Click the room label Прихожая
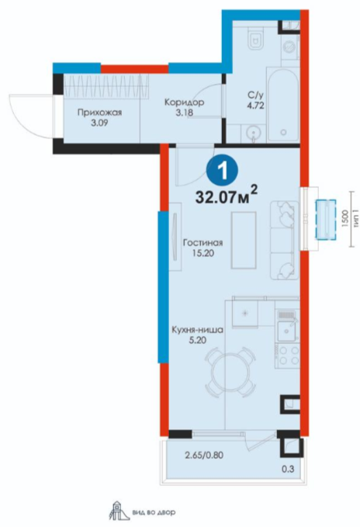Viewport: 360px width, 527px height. pyautogui.click(x=99, y=113)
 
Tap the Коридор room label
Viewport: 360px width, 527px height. pyautogui.click(x=184, y=102)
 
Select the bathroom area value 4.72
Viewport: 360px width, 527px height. pyautogui.click(x=255, y=106)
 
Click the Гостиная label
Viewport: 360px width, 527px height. pyautogui.click(x=202, y=242)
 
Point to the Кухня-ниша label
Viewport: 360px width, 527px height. pyautogui.click(x=197, y=330)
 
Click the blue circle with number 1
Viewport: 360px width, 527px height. pyautogui.click(x=223, y=171)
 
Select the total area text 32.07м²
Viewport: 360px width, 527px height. pyautogui.click(x=227, y=196)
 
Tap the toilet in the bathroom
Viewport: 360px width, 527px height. pyautogui.click(x=255, y=40)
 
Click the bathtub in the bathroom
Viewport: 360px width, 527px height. pyautogui.click(x=283, y=105)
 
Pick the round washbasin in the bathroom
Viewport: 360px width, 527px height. pyautogui.click(x=252, y=133)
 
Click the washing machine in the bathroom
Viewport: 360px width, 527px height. pyautogui.click(x=289, y=47)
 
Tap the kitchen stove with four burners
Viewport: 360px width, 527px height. pyautogui.click(x=287, y=355)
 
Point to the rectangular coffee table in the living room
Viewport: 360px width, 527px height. pyautogui.click(x=244, y=240)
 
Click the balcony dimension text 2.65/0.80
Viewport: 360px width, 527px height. pyautogui.click(x=205, y=456)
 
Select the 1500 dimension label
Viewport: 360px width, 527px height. pyautogui.click(x=344, y=220)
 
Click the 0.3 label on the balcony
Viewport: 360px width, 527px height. pyautogui.click(x=288, y=469)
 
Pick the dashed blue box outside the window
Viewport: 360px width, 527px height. pyautogui.click(x=325, y=220)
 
